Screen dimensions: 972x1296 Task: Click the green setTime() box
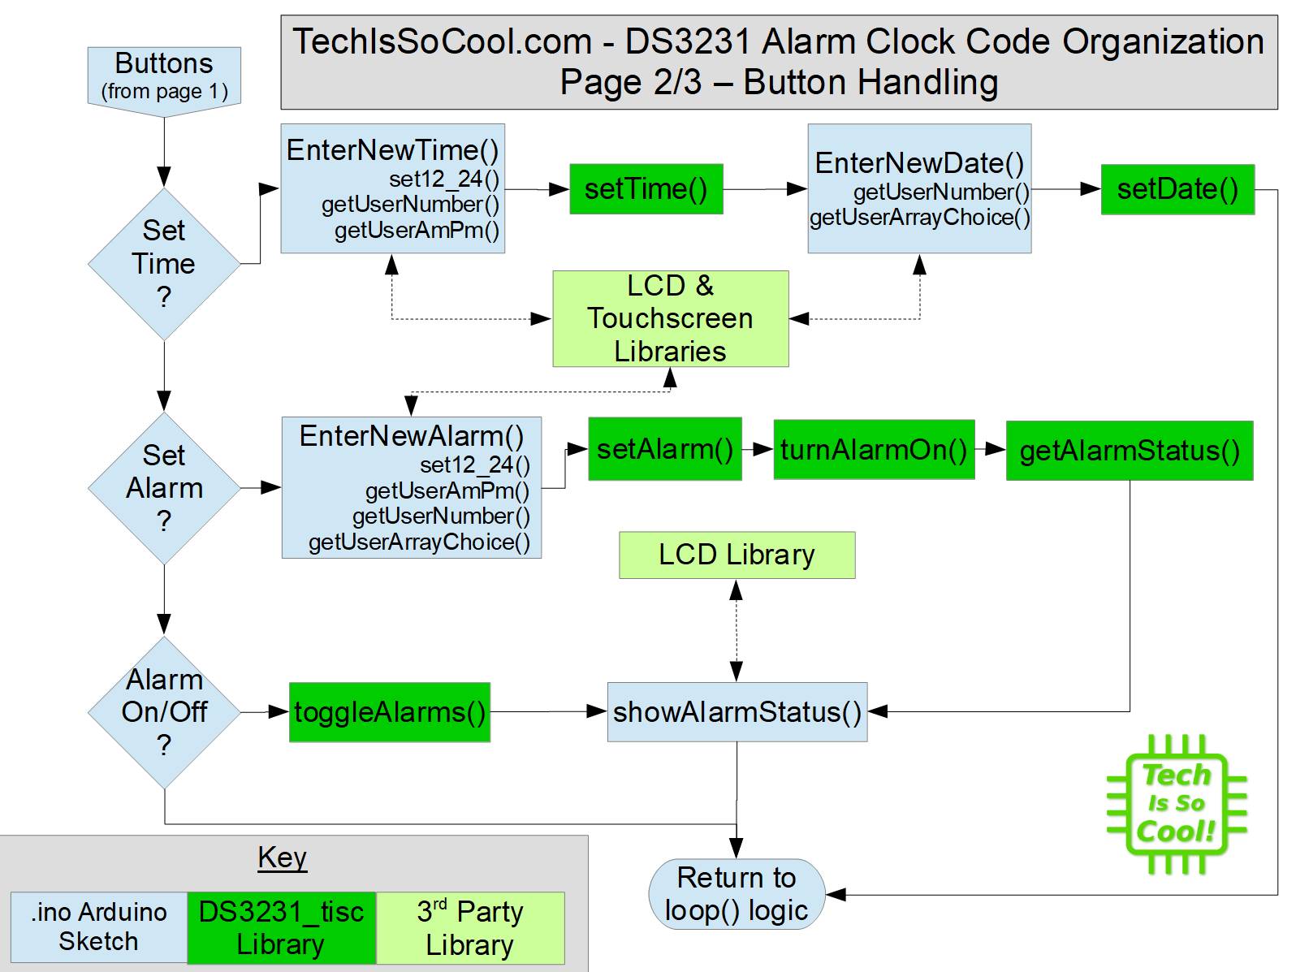click(x=646, y=189)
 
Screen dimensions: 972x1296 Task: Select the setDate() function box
click(x=1177, y=189)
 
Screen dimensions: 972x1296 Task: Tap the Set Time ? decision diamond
click(x=164, y=264)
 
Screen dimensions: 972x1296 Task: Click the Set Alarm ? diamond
click(x=164, y=488)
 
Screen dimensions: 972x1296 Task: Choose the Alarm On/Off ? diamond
click(x=164, y=712)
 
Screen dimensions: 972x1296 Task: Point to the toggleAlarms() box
click(x=390, y=712)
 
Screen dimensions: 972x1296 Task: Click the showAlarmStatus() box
click(x=737, y=712)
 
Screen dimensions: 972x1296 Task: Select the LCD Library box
click(x=737, y=555)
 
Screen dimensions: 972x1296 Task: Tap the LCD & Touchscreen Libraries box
click(x=670, y=318)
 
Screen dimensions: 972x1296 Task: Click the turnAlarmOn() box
click(x=874, y=449)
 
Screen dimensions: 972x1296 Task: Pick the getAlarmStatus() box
click(x=1129, y=451)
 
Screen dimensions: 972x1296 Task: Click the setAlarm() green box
click(x=664, y=449)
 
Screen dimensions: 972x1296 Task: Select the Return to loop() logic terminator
click(x=737, y=894)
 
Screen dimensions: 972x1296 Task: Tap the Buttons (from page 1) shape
click(x=164, y=76)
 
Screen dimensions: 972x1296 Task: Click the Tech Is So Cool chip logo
click(x=1176, y=804)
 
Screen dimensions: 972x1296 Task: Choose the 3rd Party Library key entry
click(x=469, y=928)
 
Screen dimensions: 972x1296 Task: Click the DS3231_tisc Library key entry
click(x=281, y=928)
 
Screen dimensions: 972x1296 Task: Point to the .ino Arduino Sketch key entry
click(x=98, y=927)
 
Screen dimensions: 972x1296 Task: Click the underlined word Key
click(x=282, y=858)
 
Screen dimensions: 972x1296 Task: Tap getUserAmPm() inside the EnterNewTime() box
click(x=417, y=231)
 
